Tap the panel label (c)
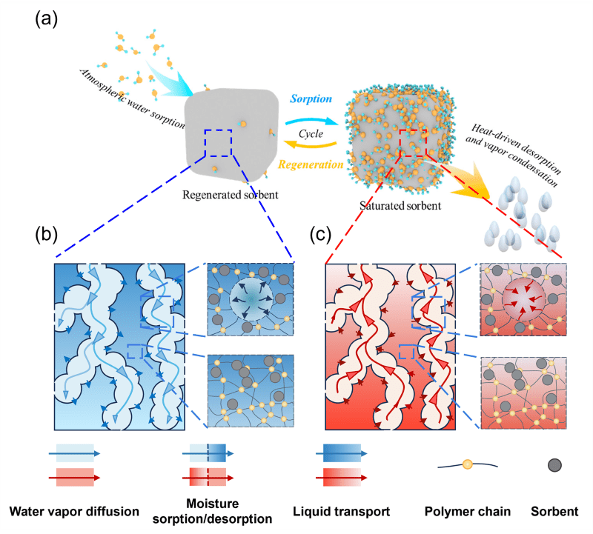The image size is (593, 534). [x=323, y=235]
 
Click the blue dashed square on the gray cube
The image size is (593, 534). [x=219, y=143]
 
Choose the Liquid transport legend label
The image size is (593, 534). [x=342, y=511]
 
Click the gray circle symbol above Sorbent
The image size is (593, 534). [x=554, y=465]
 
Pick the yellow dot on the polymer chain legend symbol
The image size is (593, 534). [x=467, y=465]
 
